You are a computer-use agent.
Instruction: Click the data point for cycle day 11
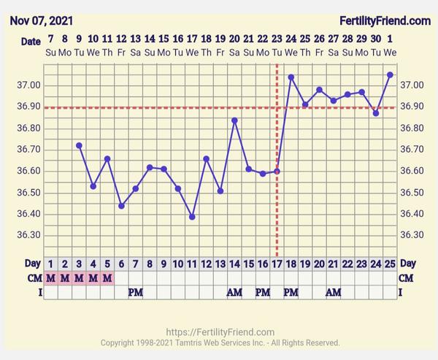click(x=192, y=217)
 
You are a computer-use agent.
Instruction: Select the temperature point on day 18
click(x=291, y=77)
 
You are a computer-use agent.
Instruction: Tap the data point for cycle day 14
click(x=234, y=120)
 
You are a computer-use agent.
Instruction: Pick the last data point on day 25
click(x=390, y=74)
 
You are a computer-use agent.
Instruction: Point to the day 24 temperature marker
click(x=376, y=113)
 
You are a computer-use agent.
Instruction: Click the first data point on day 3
click(x=79, y=145)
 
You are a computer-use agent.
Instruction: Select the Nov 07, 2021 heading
click(x=41, y=21)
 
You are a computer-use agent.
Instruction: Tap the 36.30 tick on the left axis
click(x=27, y=235)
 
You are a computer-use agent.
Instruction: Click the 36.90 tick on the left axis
click(x=27, y=107)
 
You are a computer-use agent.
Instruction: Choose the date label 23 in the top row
click(x=277, y=39)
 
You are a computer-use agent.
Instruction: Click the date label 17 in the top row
click(x=192, y=39)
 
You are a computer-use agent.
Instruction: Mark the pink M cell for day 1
click(x=50, y=277)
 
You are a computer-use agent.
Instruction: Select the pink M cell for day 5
click(x=107, y=277)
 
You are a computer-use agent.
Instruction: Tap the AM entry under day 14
click(x=234, y=292)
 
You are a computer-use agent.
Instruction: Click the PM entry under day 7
click(x=136, y=292)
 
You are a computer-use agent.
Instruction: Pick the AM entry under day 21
click(x=334, y=292)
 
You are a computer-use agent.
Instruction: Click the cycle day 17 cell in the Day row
click(x=277, y=263)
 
